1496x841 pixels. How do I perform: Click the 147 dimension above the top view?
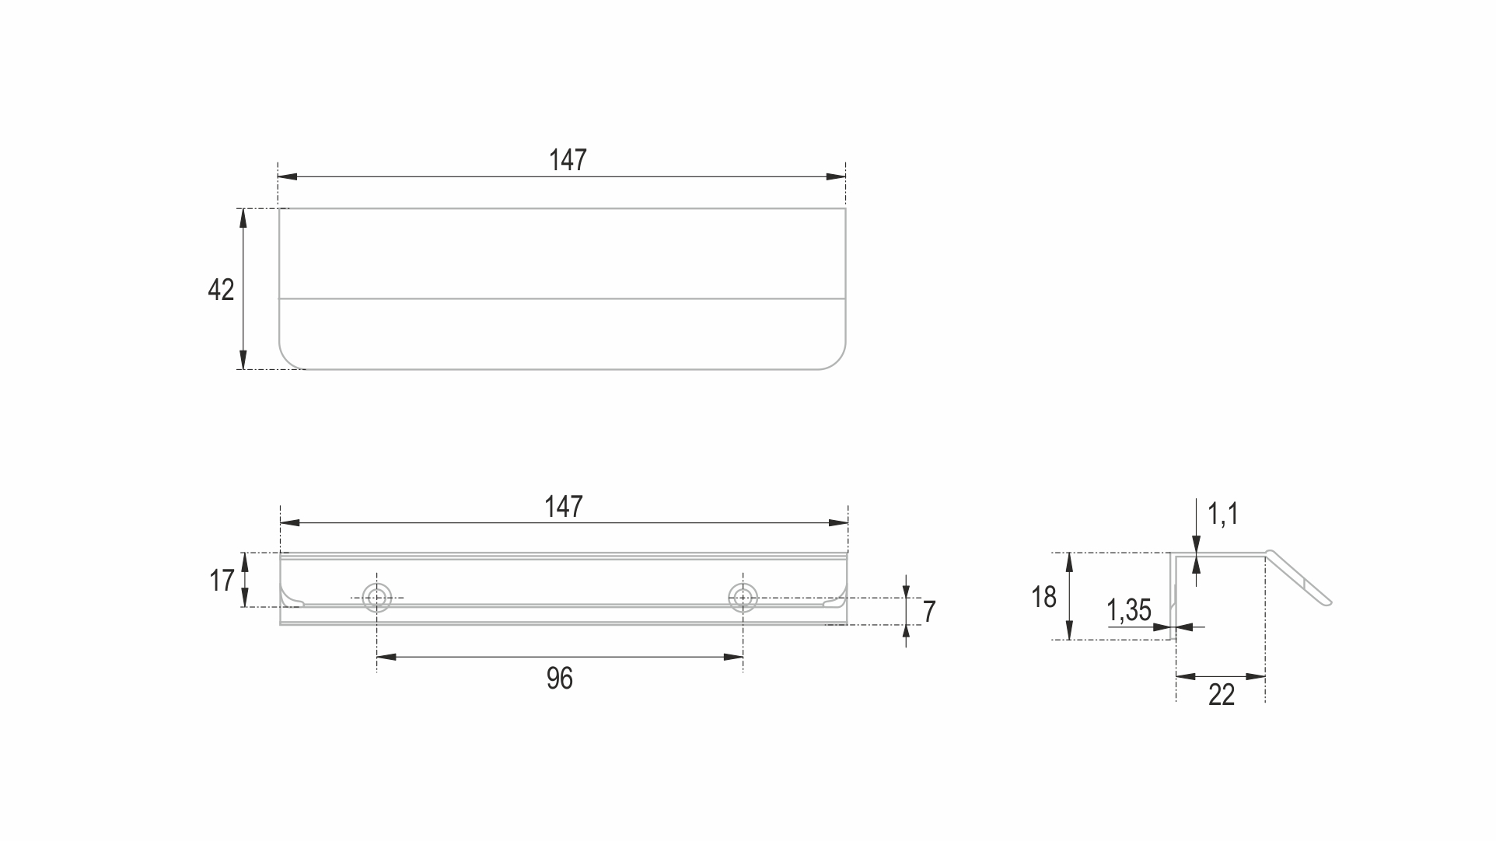tap(568, 160)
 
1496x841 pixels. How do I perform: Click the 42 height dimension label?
tap(221, 290)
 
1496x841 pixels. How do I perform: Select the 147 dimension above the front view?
tap(564, 507)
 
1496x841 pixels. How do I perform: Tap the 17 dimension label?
tap(222, 580)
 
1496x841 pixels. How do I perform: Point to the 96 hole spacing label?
tap(560, 679)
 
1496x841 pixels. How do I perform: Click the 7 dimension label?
tap(929, 612)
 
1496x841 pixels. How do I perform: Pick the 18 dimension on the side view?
tap(1044, 597)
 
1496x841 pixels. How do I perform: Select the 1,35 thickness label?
tap(1129, 610)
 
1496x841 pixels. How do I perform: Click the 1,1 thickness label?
tap(1223, 514)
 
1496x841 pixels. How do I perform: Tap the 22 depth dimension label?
tap(1222, 695)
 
